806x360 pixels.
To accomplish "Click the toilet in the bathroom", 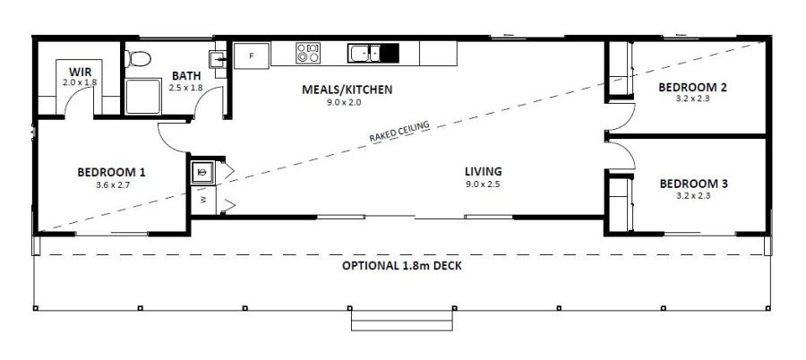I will tap(138, 60).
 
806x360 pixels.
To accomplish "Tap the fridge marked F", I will tap(252, 56).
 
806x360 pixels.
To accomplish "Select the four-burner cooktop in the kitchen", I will tap(307, 54).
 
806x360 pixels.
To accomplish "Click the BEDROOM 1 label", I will tap(111, 172).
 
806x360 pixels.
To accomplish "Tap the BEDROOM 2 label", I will tap(692, 88).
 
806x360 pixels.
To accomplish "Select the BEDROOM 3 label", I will tap(693, 184).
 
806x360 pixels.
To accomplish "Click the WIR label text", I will tap(80, 71).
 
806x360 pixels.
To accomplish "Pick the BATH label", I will tap(186, 76).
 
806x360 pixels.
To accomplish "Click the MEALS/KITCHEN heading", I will tap(347, 90).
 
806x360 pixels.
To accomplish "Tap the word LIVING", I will tap(483, 172).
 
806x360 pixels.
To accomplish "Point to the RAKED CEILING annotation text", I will tap(399, 132).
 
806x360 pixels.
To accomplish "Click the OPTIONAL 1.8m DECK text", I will tap(402, 267).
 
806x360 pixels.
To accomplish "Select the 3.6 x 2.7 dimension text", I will tap(112, 185).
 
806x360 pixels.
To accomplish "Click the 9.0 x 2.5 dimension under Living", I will tap(483, 184).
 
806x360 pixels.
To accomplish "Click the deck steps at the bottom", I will tap(401, 320).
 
